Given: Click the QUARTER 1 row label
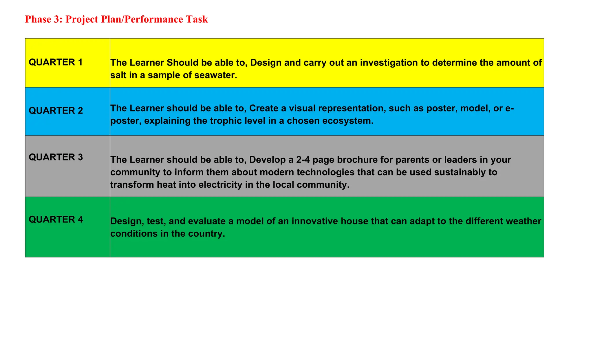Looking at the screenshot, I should (56, 62).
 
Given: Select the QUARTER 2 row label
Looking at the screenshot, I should (56, 111).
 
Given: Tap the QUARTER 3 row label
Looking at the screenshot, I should (56, 157).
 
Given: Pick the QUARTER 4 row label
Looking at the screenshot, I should (56, 220).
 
